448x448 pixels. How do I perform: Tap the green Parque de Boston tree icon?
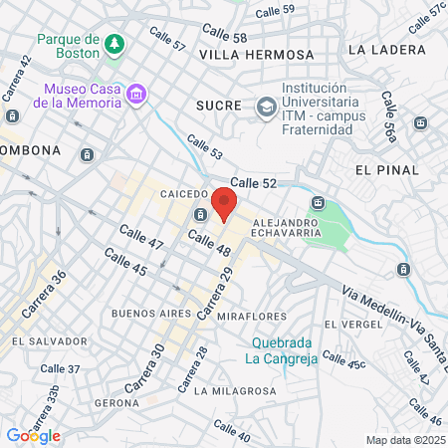pyautogui.click(x=116, y=44)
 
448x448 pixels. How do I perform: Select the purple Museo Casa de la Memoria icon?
pyautogui.click(x=136, y=95)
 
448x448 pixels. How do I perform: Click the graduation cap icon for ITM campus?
pyautogui.click(x=266, y=106)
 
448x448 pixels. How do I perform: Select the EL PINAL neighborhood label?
pyautogui.click(x=383, y=170)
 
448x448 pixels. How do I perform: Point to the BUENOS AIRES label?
pyautogui.click(x=150, y=313)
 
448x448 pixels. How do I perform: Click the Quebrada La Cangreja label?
pyautogui.click(x=282, y=349)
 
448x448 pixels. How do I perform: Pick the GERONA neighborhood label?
pyautogui.click(x=115, y=403)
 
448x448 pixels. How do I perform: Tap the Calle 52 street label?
pyautogui.click(x=253, y=182)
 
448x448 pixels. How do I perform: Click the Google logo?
pyautogui.click(x=33, y=435)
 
